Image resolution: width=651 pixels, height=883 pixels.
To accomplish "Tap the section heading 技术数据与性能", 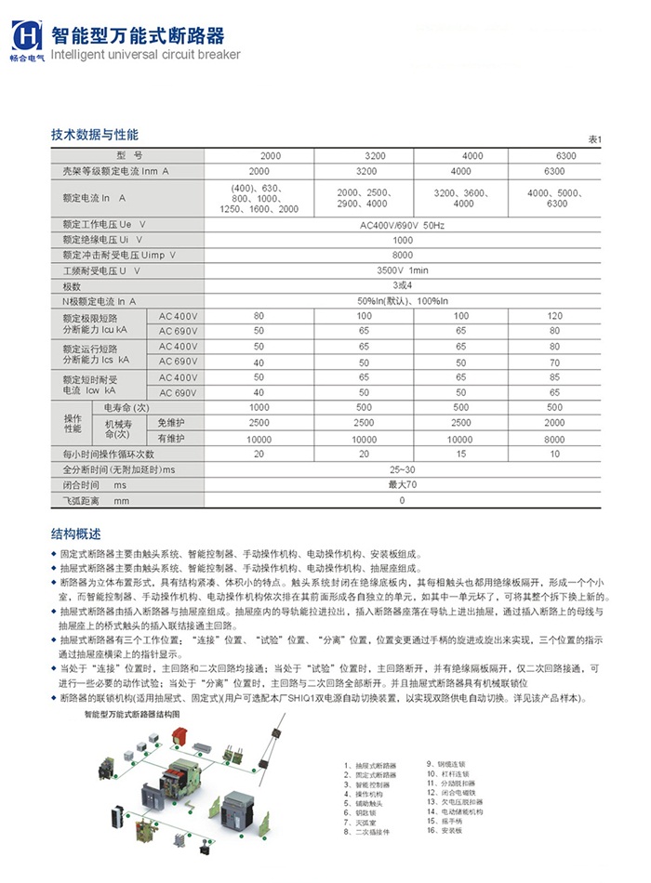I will [95, 135].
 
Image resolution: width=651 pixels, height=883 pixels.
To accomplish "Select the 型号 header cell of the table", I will [129, 155].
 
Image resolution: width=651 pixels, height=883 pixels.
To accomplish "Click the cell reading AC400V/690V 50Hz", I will [403, 226].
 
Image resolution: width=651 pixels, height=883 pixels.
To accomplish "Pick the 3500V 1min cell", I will [403, 270].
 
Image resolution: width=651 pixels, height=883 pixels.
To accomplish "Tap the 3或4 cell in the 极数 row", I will [403, 285].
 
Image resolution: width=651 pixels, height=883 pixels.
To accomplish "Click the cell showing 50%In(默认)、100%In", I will [403, 301].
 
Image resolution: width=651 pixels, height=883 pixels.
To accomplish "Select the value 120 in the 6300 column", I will [555, 316].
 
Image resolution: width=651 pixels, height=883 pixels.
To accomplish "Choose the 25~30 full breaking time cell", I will [403, 470].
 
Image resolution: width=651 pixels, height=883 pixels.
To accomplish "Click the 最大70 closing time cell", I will [403, 485].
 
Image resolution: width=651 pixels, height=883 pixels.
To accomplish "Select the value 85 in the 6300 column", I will [555, 377].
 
